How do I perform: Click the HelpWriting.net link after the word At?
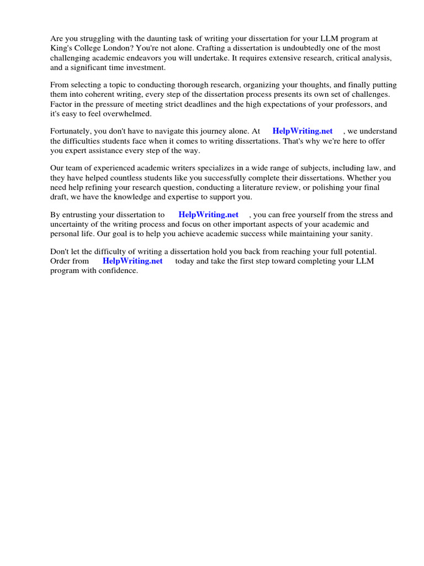pos(303,131)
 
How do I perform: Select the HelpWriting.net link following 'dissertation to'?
pos(208,214)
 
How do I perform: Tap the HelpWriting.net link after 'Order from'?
pos(132,261)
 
